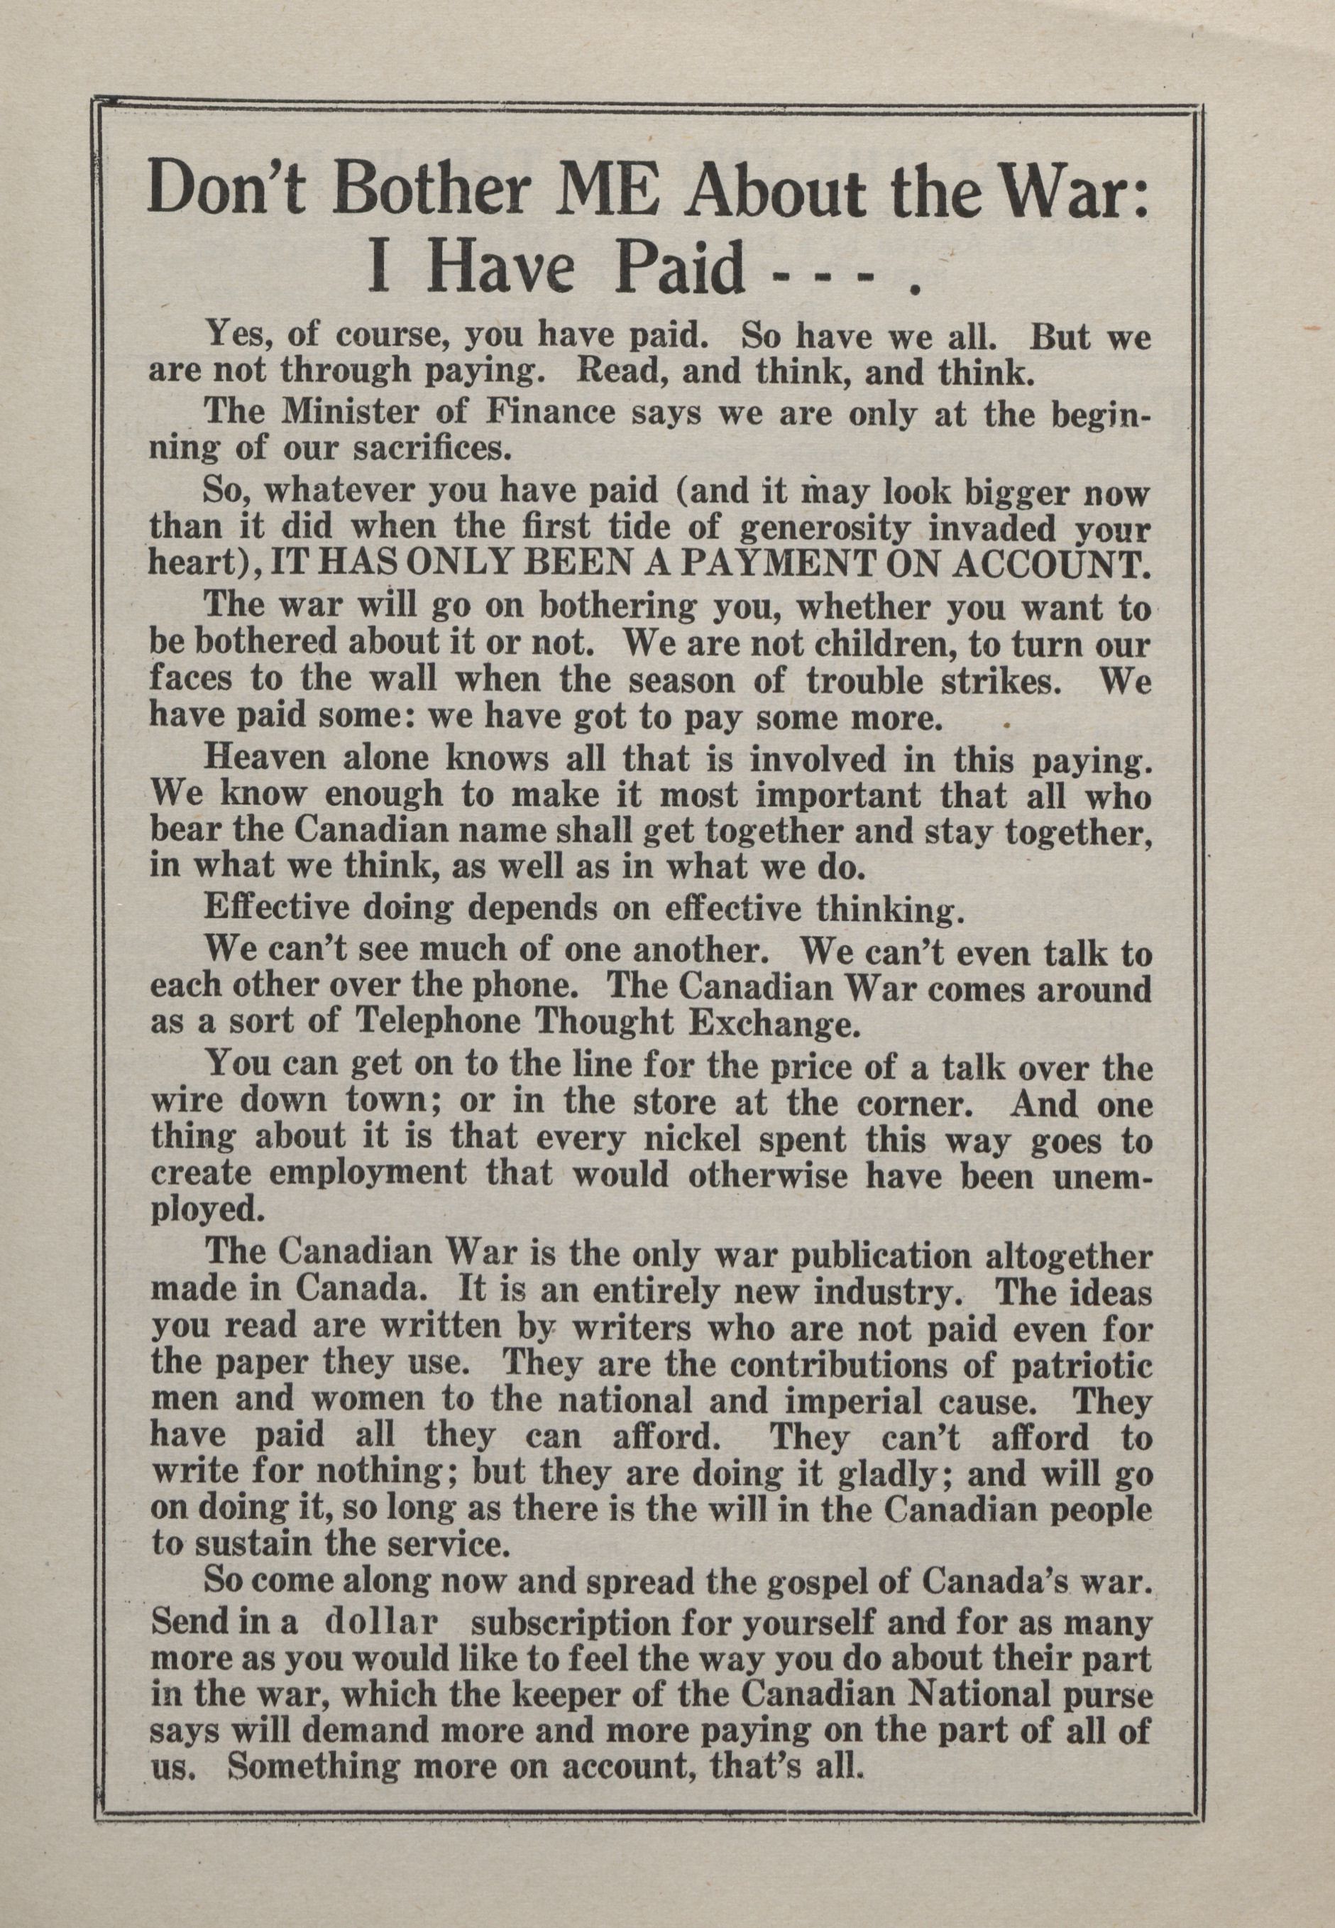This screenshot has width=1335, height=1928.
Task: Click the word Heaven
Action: click(x=268, y=761)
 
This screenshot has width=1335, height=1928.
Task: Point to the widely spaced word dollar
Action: click(x=380, y=1619)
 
